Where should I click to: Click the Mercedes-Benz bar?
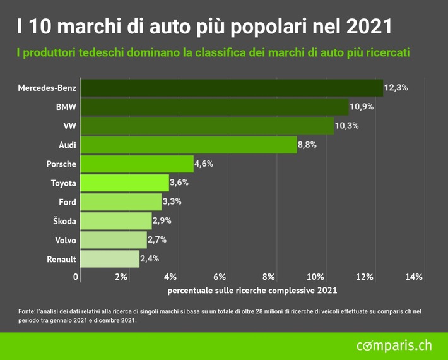click(231, 88)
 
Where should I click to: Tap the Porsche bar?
click(136, 164)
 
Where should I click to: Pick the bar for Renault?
click(109, 259)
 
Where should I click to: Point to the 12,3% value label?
click(396, 88)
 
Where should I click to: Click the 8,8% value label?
click(307, 145)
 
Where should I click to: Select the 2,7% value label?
click(157, 240)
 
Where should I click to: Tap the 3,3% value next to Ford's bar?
click(172, 202)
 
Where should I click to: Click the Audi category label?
click(67, 145)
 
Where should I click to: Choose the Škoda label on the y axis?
click(64, 221)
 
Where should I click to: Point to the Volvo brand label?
click(66, 240)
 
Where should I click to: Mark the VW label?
click(69, 126)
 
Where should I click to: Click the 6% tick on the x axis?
click(220, 277)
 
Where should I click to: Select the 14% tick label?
click(413, 277)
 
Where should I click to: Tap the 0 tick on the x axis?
click(76, 277)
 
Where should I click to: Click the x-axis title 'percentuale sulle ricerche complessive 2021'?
click(252, 291)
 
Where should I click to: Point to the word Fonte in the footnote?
click(27, 311)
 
